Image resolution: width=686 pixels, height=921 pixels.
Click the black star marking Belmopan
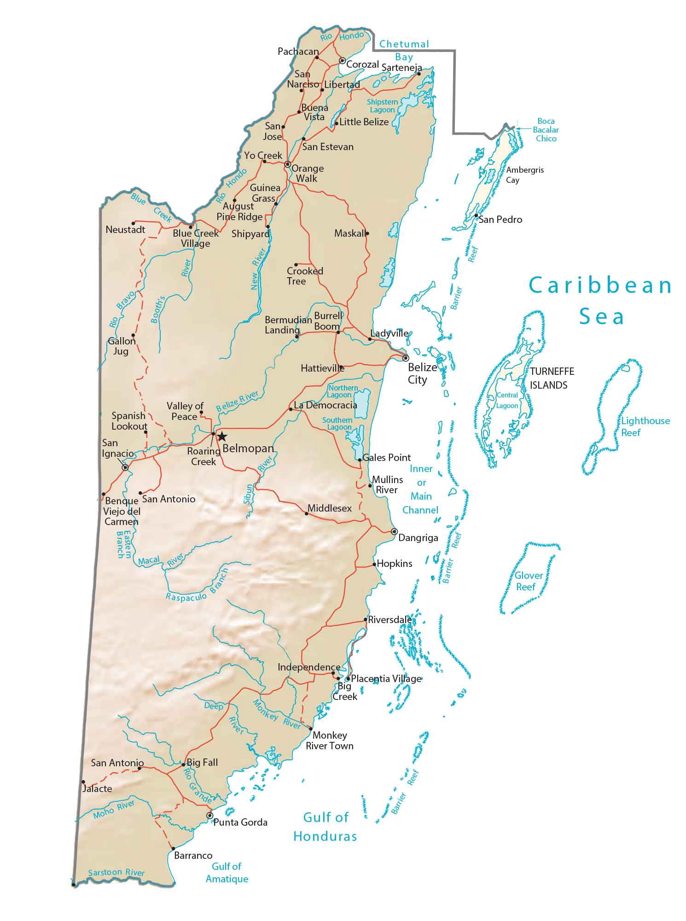pos(222,436)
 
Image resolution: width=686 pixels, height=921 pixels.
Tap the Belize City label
pos(422,373)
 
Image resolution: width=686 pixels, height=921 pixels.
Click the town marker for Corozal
pos(342,60)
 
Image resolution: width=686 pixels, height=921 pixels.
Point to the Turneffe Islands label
pos(552,378)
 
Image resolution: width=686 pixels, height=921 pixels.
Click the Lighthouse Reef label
pos(645,426)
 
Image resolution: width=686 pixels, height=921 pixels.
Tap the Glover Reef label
pos(528,581)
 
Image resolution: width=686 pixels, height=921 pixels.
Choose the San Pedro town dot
pos(476,216)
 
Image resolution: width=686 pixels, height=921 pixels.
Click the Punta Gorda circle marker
pos(210,816)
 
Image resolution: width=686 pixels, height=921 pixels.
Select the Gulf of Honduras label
pos(325,827)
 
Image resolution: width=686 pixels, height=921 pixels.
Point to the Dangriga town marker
pos(394,531)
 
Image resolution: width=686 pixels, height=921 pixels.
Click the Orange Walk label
pos(307,174)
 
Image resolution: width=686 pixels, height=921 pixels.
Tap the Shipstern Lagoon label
pos(382,106)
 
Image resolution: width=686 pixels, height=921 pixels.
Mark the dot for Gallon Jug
pos(133,335)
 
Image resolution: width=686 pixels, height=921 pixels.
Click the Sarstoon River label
pos(116,872)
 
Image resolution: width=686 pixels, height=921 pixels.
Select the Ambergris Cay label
pos(524,175)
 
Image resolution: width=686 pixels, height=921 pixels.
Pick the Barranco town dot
pos(173,848)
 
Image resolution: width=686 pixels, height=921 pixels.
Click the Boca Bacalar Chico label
pos(546,130)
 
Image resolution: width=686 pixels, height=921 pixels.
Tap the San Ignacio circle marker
pos(125,467)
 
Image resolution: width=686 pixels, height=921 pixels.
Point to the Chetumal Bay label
pos(404,51)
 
